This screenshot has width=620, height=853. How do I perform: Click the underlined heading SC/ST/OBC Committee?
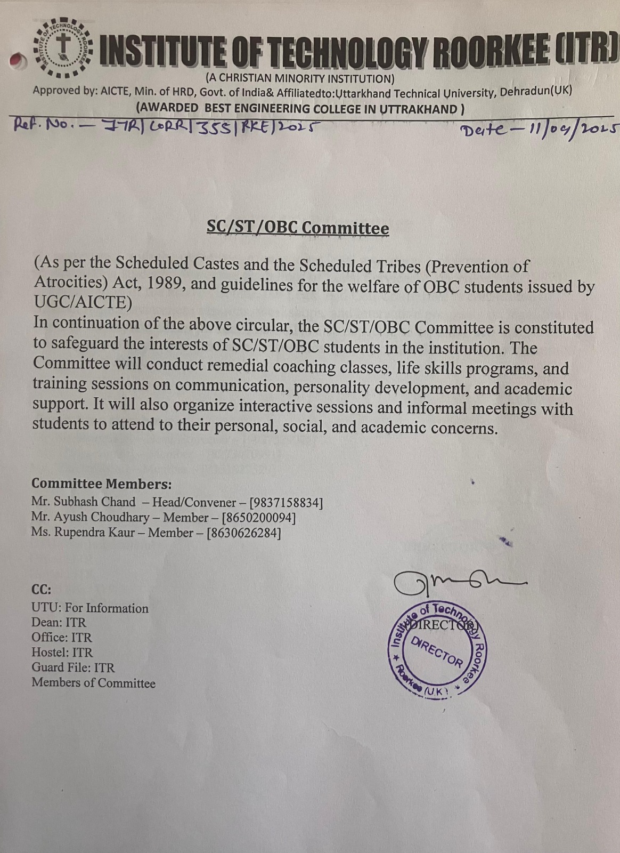tap(298, 228)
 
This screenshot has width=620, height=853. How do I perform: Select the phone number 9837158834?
tap(286, 503)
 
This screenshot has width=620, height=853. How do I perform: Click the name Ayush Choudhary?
tap(102, 517)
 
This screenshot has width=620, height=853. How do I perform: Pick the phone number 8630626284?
tap(243, 533)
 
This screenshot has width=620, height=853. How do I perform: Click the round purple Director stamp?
tap(437, 650)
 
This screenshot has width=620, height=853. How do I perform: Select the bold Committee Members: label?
tap(101, 484)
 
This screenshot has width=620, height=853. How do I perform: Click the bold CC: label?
tap(41, 590)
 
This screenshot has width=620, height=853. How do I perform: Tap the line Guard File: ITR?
tap(73, 667)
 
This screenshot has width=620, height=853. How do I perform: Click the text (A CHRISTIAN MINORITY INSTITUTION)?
tap(300, 79)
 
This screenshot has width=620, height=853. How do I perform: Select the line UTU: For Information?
tap(89, 608)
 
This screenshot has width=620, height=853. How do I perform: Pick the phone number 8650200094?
tap(259, 518)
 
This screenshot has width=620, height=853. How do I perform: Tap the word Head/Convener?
tap(194, 502)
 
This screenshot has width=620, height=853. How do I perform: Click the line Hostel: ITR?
tap(62, 653)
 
